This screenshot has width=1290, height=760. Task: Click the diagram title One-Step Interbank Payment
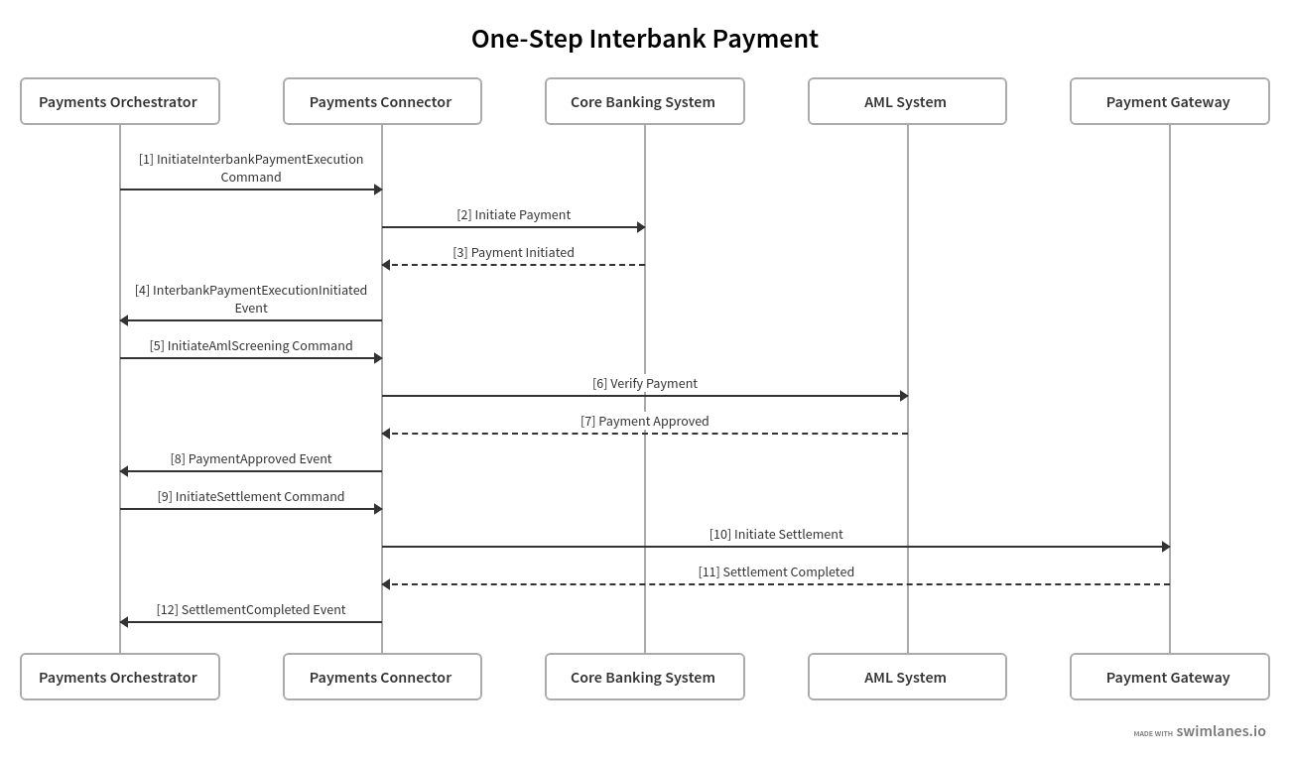pyautogui.click(x=644, y=39)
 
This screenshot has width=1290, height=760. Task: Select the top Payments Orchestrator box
pyautogui.click(x=119, y=101)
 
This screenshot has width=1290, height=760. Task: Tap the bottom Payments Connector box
pyautogui.click(x=382, y=677)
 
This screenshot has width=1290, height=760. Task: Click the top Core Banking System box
pyautogui.click(x=644, y=101)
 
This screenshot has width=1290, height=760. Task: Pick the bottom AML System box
pyautogui.click(x=906, y=677)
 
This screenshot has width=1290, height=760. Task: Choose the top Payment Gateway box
pyautogui.click(x=1169, y=101)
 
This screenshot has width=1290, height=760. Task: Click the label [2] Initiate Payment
pyautogui.click(x=513, y=214)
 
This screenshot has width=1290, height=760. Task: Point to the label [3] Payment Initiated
pyautogui.click(x=513, y=252)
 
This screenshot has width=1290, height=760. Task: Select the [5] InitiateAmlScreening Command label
pyautogui.click(x=251, y=345)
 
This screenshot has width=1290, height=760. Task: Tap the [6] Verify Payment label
pyautogui.click(x=644, y=383)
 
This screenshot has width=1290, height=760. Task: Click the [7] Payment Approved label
pyautogui.click(x=644, y=421)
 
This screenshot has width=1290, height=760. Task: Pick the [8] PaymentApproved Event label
pyautogui.click(x=251, y=458)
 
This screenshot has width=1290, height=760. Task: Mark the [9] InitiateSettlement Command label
pyautogui.click(x=251, y=496)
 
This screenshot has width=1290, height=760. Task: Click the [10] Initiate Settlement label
pyautogui.click(x=775, y=534)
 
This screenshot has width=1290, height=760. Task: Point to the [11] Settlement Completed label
pyautogui.click(x=775, y=571)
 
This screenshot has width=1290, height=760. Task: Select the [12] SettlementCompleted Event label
pyautogui.click(x=251, y=609)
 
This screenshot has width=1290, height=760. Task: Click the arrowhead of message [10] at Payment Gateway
pyautogui.click(x=1166, y=547)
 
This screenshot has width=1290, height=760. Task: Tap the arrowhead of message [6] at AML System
pyautogui.click(x=904, y=396)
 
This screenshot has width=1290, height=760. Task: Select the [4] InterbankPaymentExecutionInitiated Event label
pyautogui.click(x=251, y=299)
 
